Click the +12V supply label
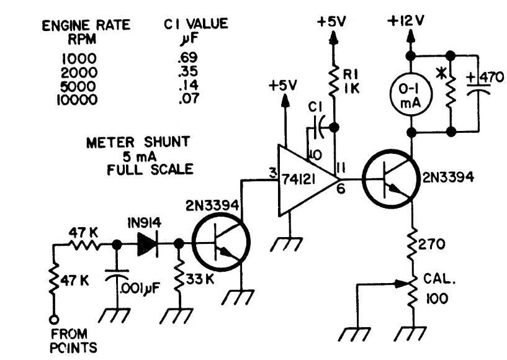409,21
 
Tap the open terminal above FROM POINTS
55,320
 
